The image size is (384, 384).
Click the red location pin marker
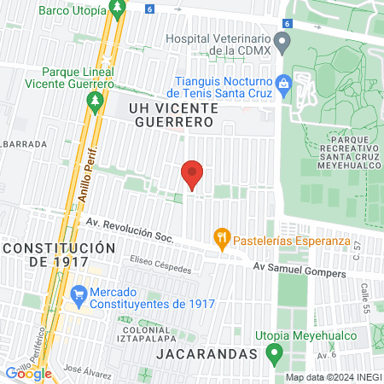click(x=192, y=175)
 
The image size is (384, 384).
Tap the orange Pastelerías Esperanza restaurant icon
click(x=222, y=239)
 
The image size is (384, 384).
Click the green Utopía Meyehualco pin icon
click(x=274, y=352)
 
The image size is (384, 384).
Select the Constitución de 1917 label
click(x=58, y=254)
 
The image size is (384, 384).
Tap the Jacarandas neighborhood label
click(x=207, y=353)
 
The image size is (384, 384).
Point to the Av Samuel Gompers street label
click(x=299, y=271)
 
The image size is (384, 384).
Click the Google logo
click(x=28, y=373)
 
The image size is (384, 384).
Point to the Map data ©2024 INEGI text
click(x=333, y=376)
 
